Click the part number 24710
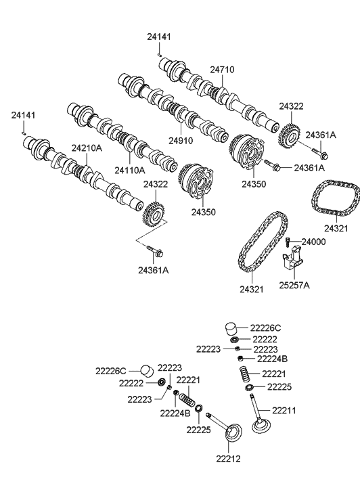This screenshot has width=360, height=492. click(x=221, y=70)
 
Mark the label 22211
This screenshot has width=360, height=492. click(x=286, y=410)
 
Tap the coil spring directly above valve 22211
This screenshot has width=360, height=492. click(x=245, y=374)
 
